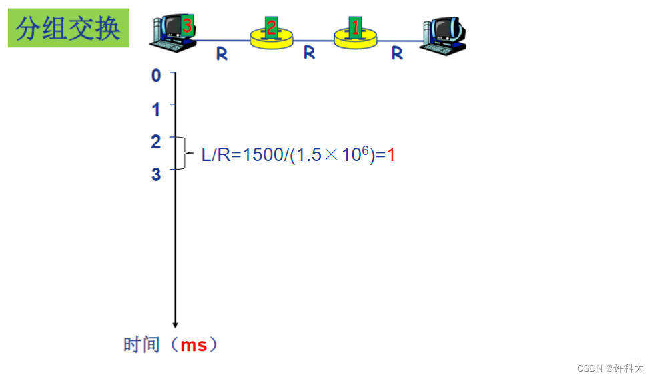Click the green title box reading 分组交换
pos(68,28)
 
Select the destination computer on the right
pos(445,35)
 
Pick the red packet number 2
pos(271,27)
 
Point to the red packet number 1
pos(355,27)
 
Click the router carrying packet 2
pos(272,39)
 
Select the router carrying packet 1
pos(355,39)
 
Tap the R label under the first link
pos(222,55)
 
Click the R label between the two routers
pos(309,53)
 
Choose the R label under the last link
pos(397,53)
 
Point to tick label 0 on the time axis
pos(156,75)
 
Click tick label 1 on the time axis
pos(156,109)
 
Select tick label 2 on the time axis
pos(156,142)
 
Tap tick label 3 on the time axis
pos(156,174)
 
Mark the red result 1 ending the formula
pos(391,156)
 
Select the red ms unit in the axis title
pos(194,346)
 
